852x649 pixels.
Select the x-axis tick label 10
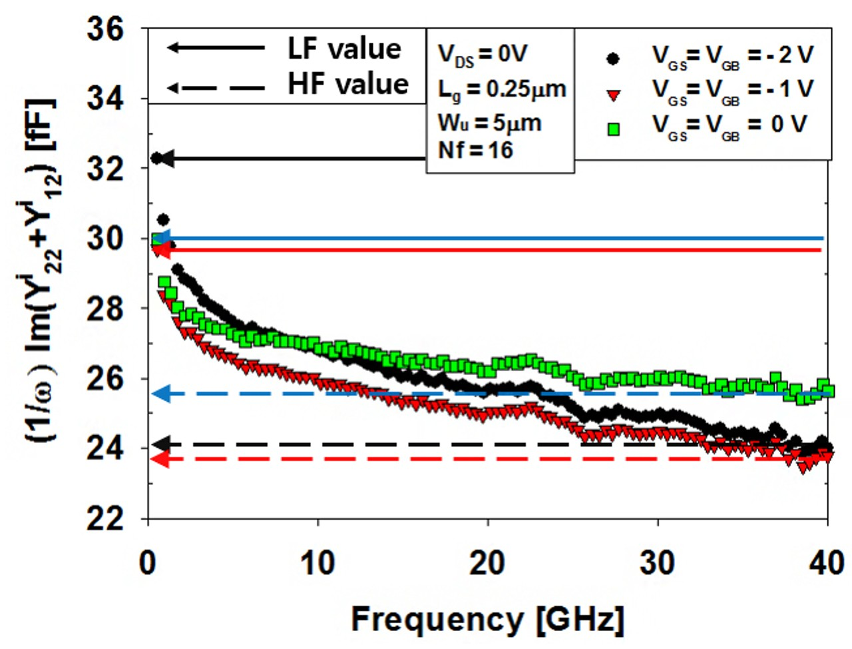coord(318,564)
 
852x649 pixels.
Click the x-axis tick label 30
coord(657,564)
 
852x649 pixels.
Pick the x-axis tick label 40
coord(826,564)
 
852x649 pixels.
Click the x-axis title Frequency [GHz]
coord(487,620)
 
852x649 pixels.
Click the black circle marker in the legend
coord(613,59)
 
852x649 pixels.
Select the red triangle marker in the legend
coord(613,95)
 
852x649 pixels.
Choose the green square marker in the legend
coord(613,129)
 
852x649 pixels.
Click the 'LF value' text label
coord(344,49)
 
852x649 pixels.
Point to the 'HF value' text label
coord(347,85)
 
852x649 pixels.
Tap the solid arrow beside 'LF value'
coord(216,47)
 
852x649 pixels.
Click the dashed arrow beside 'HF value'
coord(216,87)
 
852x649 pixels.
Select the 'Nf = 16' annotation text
coord(475,151)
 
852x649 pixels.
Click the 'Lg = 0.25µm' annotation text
coord(501,89)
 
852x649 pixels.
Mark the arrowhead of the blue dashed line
coord(160,394)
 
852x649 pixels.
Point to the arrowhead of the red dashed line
coord(160,459)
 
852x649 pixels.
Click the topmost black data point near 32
coord(156,159)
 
